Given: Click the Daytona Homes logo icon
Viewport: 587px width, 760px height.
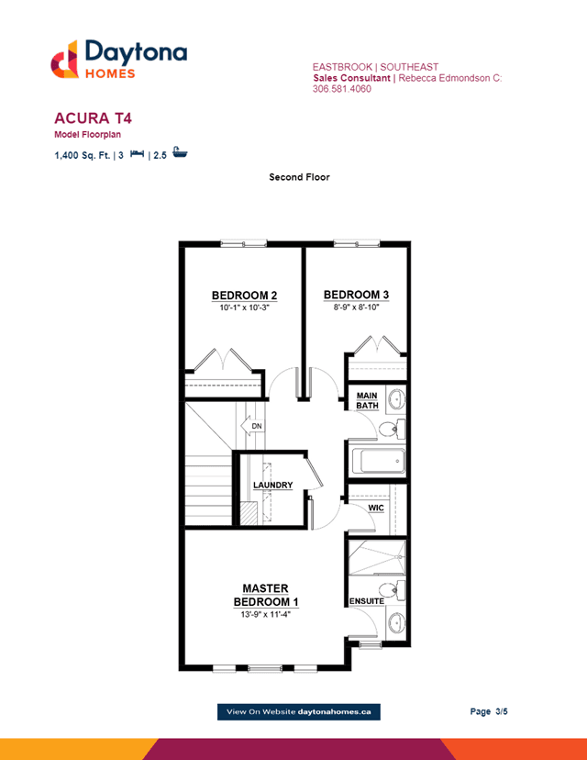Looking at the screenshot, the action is [64, 59].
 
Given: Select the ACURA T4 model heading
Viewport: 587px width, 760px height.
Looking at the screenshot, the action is [93, 118].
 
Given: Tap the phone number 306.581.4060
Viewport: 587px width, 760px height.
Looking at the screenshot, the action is [342, 89].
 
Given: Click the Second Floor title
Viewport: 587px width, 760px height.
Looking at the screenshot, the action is [299, 177].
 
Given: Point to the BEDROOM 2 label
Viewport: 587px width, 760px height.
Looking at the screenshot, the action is [244, 296].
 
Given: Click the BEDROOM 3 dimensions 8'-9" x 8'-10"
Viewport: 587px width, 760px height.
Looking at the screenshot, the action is [356, 307].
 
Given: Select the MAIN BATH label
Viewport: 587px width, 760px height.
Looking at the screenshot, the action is [367, 400].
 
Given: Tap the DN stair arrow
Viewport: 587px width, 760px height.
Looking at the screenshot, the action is [252, 426].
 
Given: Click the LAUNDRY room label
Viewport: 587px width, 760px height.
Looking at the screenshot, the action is [273, 485].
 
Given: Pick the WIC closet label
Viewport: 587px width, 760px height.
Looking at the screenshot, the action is [376, 508].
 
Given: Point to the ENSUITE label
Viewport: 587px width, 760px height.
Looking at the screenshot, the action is [367, 601].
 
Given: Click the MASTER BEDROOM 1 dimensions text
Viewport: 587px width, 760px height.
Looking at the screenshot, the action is [265, 615].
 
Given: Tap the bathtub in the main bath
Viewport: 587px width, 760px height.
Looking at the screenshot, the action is [378, 461].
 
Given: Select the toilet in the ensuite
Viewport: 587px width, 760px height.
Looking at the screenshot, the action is [392, 590].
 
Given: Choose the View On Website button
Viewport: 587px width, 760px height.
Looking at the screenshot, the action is [299, 711].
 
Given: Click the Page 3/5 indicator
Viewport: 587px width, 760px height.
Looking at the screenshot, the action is [489, 711].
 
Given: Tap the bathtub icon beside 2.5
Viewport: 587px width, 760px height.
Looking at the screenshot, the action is [180, 152].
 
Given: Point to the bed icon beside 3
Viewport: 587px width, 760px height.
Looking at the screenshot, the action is [137, 153].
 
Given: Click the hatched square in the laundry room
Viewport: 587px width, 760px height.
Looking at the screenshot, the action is [249, 513].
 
